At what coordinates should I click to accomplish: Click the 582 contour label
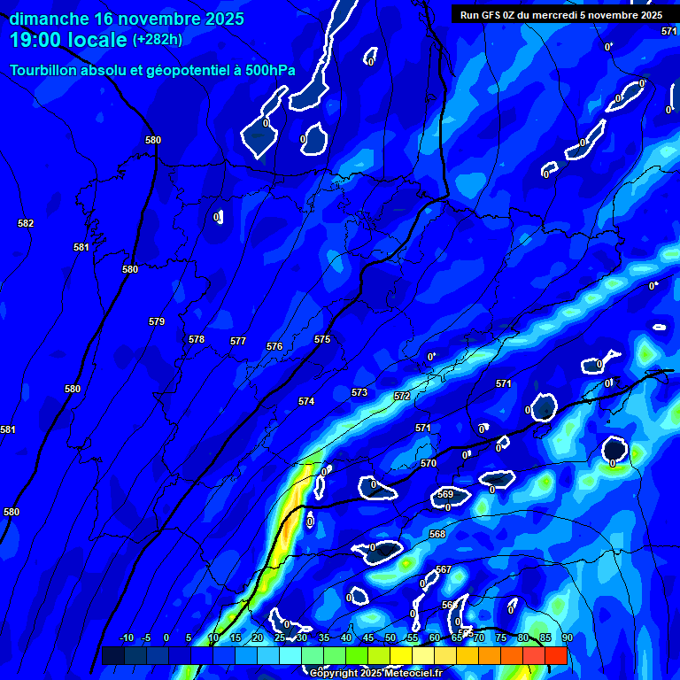pos(26,223)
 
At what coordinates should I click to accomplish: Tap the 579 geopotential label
pos(157,321)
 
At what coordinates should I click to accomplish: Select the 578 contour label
pos(197,339)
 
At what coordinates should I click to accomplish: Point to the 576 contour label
pos(274,346)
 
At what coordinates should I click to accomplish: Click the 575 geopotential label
pos(322,339)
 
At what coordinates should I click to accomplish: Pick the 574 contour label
pos(306,401)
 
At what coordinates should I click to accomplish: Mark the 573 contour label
pos(359,392)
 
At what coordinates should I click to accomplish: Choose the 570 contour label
pos(429,463)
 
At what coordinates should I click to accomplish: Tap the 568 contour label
pos(437,534)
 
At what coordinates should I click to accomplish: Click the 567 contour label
pos(444,569)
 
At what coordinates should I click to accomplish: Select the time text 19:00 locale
pos(69,40)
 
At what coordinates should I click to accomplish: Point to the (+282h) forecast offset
pos(158,40)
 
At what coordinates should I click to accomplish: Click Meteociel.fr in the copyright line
pos(412,674)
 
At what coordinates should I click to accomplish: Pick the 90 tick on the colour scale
pos(567,637)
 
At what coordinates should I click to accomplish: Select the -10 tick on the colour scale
pos(126,637)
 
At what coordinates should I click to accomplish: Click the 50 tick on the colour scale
pos(390,637)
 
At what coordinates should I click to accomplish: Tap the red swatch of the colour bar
pos(555,655)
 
